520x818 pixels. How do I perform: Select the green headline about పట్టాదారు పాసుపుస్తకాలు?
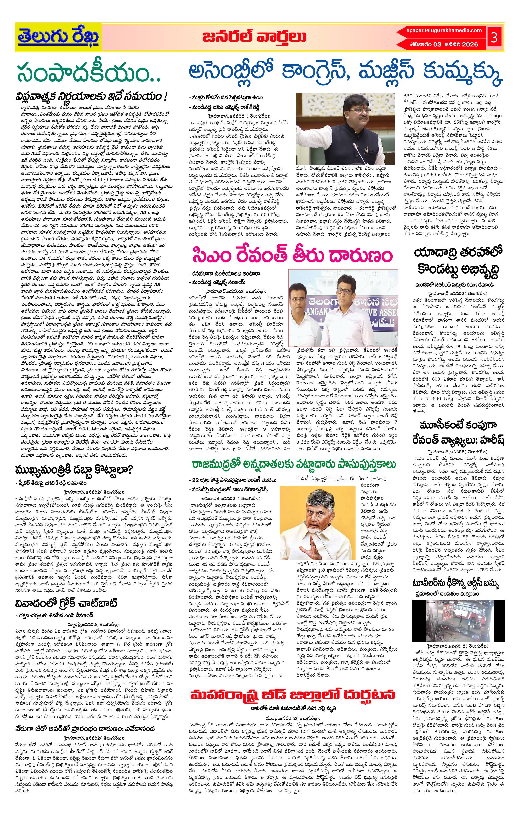pos(294,464)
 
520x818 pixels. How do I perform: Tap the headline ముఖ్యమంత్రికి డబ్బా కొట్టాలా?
pos(74,469)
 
